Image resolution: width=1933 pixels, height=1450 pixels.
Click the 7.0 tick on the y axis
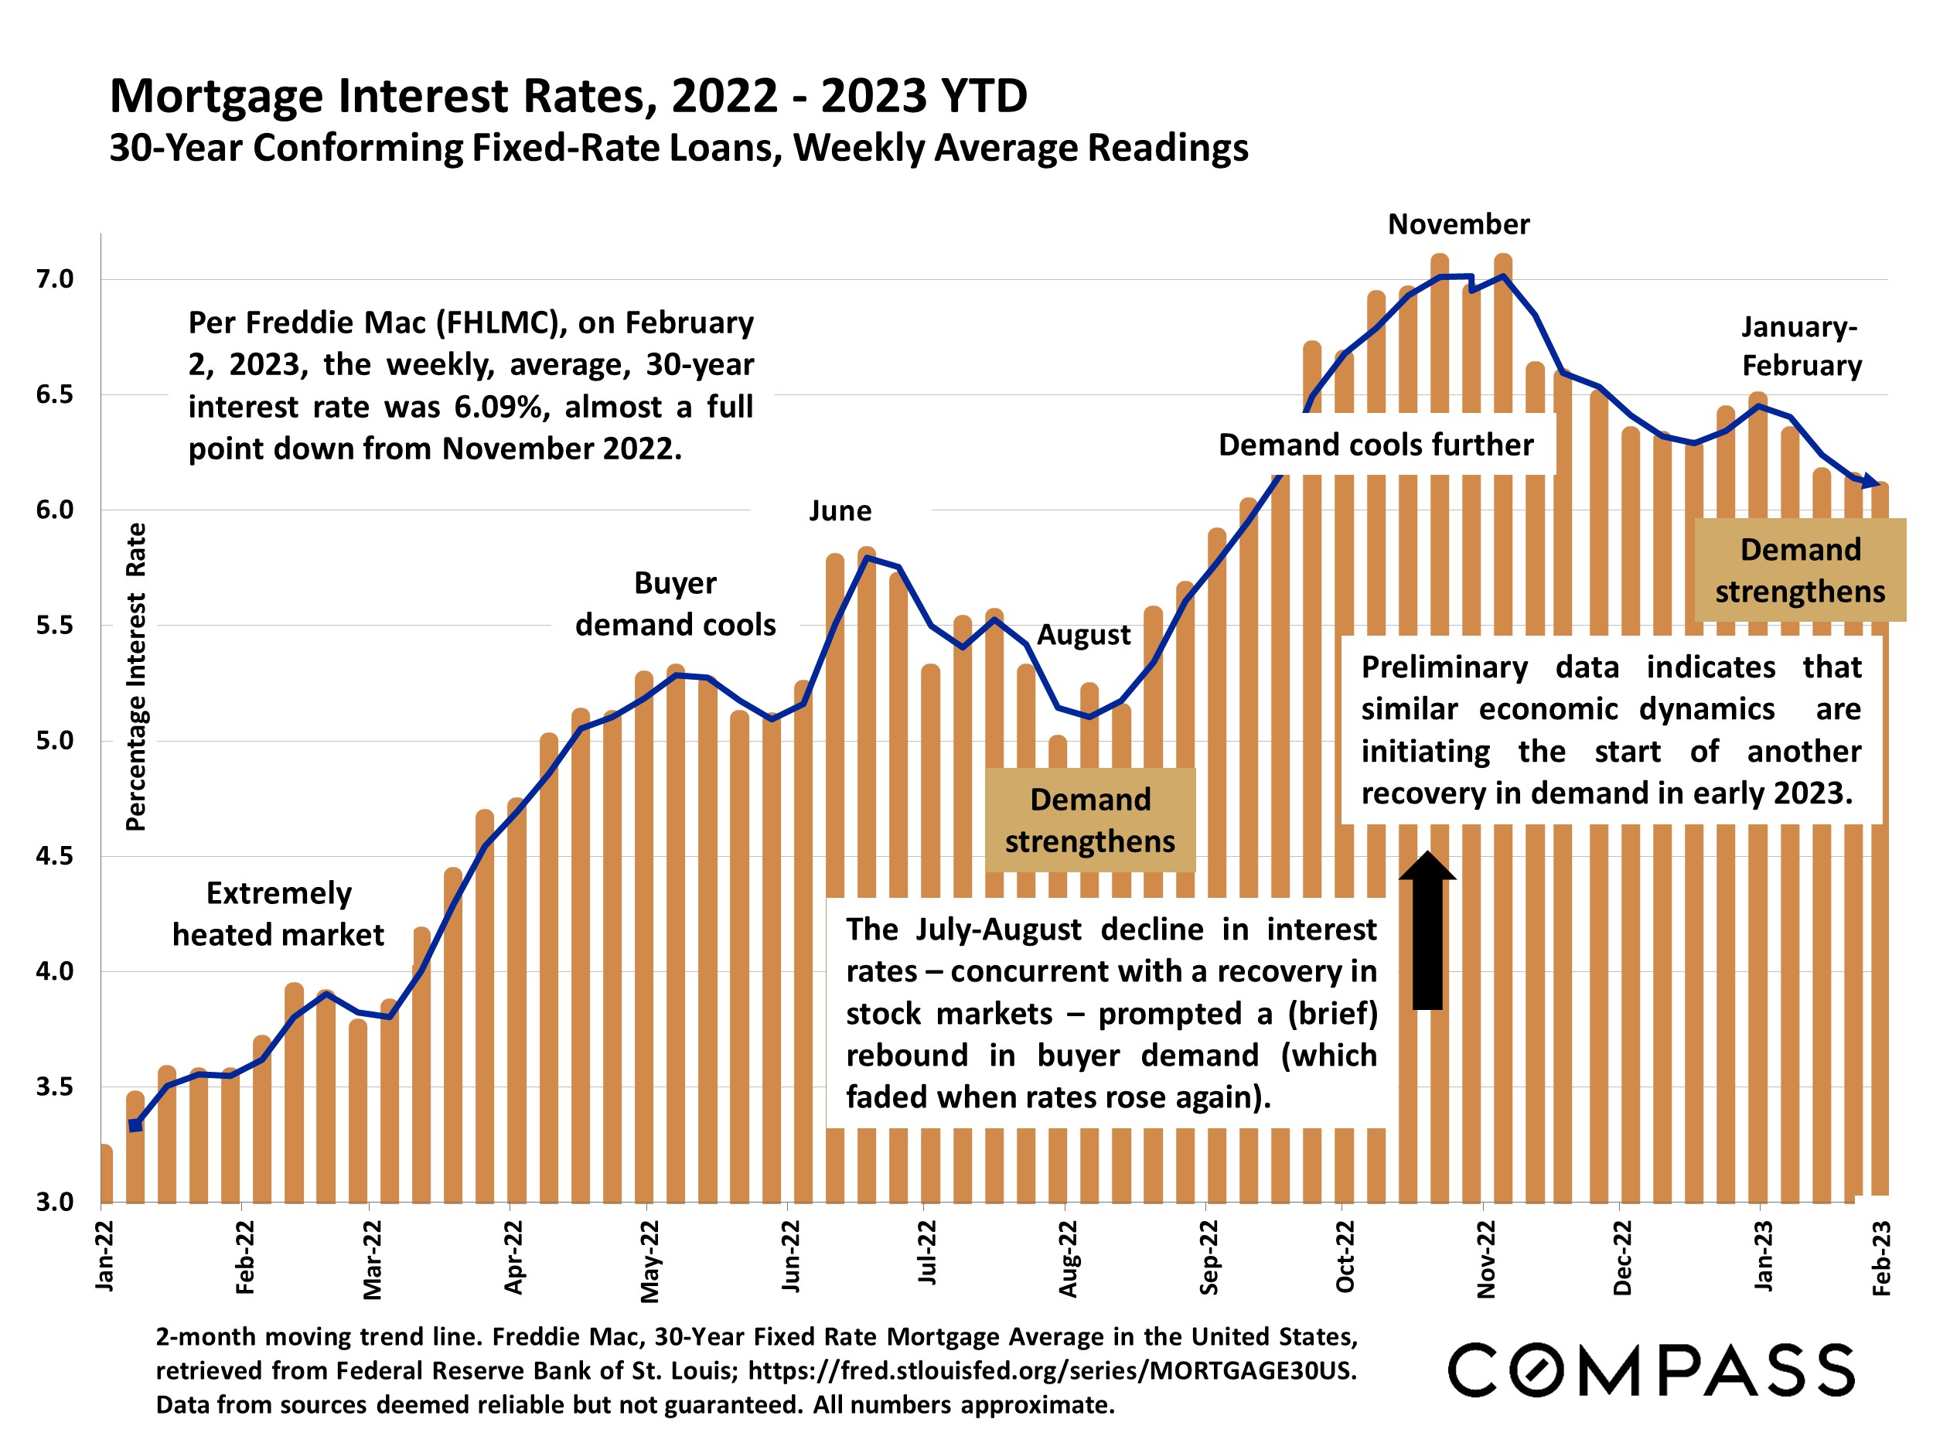pos(54,280)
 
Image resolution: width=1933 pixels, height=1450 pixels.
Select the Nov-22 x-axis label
pos(1485,1258)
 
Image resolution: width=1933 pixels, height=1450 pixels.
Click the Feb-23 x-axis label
pos(1881,1258)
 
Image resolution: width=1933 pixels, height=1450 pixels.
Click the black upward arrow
pos(1427,930)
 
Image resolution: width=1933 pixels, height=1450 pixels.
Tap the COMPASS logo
pos(1651,1370)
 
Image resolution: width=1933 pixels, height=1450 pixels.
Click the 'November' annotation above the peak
pos(1458,224)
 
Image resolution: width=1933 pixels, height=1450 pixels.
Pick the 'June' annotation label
pos(840,510)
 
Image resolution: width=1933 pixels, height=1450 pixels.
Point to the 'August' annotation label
pos(1083,635)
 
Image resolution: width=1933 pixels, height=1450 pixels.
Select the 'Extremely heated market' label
pos(278,914)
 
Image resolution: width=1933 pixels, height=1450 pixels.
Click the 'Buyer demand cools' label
pos(675,604)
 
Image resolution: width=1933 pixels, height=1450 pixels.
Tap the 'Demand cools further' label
pos(1376,445)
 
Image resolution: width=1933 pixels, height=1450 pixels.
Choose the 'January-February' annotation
pos(1801,346)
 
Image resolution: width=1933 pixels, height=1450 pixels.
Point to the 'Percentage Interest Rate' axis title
pos(135,677)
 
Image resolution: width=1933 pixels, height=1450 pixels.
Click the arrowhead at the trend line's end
pos(1871,481)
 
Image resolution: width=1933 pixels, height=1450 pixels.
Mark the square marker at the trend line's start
pos(135,1125)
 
